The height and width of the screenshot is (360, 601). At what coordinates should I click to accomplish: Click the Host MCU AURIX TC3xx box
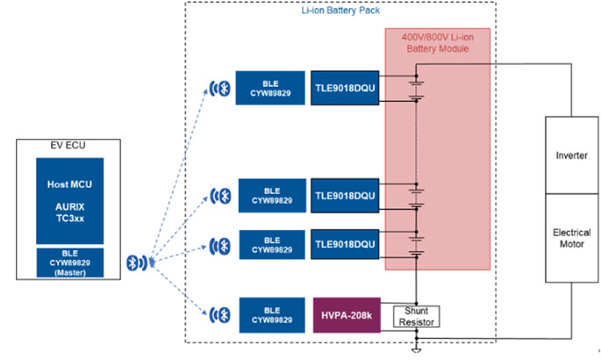(x=69, y=200)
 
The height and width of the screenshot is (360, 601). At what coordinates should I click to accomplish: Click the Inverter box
(x=572, y=155)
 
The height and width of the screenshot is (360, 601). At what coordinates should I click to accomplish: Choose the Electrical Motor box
(x=572, y=240)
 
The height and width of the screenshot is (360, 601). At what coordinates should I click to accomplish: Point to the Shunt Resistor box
(x=416, y=315)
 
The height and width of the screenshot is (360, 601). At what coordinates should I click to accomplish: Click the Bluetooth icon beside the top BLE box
(x=223, y=88)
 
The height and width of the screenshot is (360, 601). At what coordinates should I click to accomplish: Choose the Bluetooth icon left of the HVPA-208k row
(x=223, y=313)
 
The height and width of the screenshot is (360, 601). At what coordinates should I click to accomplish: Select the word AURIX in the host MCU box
(x=69, y=201)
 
